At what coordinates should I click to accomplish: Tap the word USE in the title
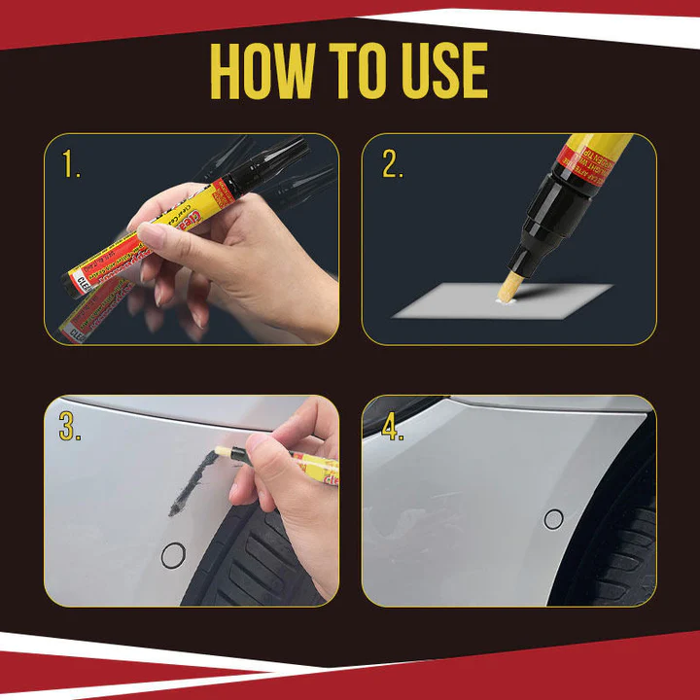pos(439,71)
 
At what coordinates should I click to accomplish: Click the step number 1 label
pos(71,164)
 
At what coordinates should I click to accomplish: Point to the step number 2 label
pos(392,164)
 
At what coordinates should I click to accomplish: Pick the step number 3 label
pos(69,426)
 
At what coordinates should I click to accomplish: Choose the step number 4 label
pos(392,427)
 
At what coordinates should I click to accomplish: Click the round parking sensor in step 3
pos(173,555)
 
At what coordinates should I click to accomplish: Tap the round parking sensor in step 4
pos(553,519)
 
